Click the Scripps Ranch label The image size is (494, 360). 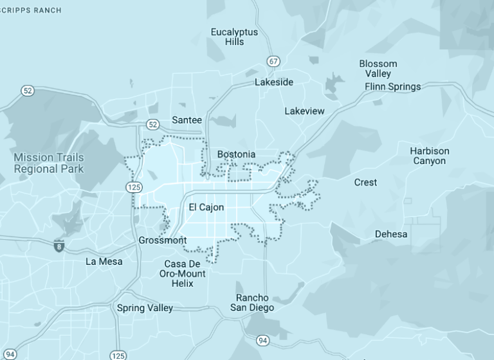[x=31, y=10]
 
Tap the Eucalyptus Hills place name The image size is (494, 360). [x=234, y=37]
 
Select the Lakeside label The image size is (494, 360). [x=273, y=82]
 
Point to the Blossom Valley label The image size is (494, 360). [x=378, y=69]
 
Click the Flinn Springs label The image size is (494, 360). [x=392, y=87]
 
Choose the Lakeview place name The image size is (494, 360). [x=304, y=111]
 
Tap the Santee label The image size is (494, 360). [x=187, y=120]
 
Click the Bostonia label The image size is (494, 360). [x=236, y=154]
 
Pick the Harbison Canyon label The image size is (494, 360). [x=430, y=156]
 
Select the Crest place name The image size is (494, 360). [x=365, y=183]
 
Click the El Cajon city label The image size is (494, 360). [x=206, y=208]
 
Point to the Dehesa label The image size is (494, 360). [x=391, y=234]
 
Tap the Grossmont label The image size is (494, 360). [x=163, y=240]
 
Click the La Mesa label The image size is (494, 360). [x=104, y=262]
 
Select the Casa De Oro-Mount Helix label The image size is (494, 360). [x=183, y=274]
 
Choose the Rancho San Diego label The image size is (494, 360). [x=252, y=303]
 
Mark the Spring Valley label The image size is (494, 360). [x=145, y=308]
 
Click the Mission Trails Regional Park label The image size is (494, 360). [x=49, y=163]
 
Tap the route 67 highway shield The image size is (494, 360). [x=274, y=62]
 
